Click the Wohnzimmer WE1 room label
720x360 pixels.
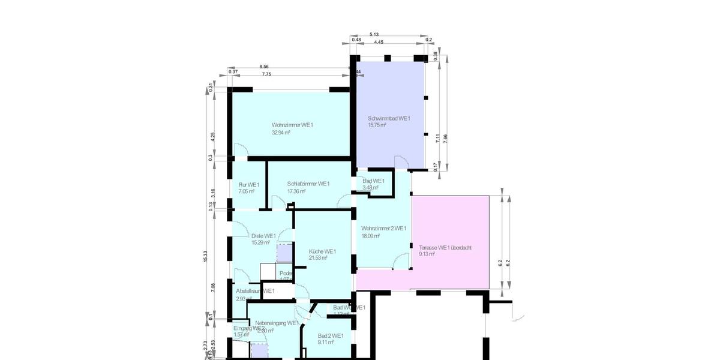click(x=292, y=125)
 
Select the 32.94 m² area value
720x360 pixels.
click(x=281, y=133)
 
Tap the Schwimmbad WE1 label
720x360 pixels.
click(x=389, y=119)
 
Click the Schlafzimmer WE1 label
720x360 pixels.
click(x=308, y=184)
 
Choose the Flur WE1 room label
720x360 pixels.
click(x=248, y=184)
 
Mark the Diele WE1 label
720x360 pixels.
click(x=263, y=236)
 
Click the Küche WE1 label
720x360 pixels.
click(x=322, y=251)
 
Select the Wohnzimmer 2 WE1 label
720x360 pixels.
click(x=383, y=229)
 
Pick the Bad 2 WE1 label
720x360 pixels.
click(x=331, y=336)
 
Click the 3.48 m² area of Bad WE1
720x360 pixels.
click(x=370, y=188)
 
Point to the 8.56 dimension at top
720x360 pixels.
click(x=264, y=67)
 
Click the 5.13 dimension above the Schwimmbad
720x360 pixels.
click(x=374, y=35)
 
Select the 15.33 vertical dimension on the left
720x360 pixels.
click(x=205, y=256)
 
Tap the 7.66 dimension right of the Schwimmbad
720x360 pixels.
click(x=445, y=137)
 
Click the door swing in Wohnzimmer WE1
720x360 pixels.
click(x=240, y=150)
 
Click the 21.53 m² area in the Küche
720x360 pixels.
click(x=317, y=258)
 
